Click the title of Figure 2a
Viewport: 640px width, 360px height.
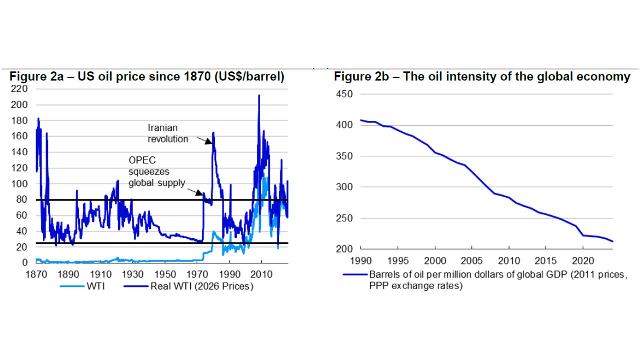[147, 77]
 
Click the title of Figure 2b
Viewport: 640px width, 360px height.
[482, 77]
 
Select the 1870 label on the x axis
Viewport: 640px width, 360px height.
[36, 274]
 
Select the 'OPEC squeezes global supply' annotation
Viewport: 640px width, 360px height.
[156, 171]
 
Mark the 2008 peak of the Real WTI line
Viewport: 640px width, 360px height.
[259, 95]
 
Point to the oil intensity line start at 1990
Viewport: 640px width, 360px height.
[361, 120]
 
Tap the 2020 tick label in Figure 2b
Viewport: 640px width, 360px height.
[582, 261]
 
